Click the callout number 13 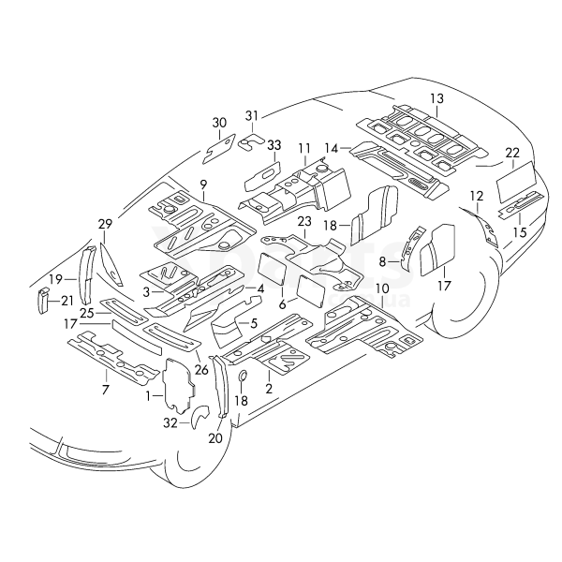(437, 98)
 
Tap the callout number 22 (512, 153)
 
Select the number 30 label (219, 123)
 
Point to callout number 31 (252, 116)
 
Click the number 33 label (274, 145)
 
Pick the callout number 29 (105, 224)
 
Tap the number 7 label (105, 389)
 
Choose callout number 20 (215, 438)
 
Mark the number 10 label (383, 288)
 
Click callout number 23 (304, 221)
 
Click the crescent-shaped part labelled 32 (199, 417)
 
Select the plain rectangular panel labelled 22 (516, 181)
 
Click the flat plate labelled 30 (219, 149)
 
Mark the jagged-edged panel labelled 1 (178, 385)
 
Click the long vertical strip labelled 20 (221, 386)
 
